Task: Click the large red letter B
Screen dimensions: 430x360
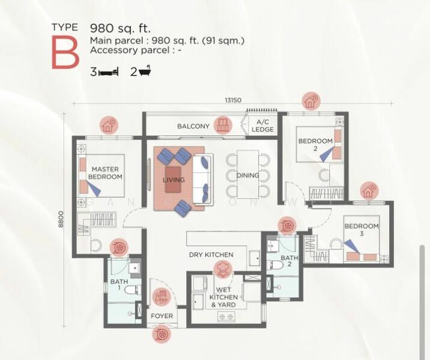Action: [x=65, y=52]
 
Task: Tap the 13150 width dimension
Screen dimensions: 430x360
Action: [x=233, y=100]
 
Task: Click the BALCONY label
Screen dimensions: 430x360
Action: [x=193, y=127]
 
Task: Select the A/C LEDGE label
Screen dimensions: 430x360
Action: [x=262, y=126]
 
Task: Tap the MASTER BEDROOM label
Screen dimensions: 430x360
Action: [x=105, y=173]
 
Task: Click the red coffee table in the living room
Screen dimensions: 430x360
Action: [x=173, y=179]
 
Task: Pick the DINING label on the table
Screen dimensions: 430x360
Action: [x=247, y=175]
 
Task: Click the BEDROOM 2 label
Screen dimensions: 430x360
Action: [x=315, y=145]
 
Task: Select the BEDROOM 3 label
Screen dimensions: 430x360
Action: [x=362, y=230]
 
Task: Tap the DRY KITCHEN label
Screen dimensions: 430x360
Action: [x=211, y=255]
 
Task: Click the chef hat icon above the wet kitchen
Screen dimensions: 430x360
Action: [x=222, y=269]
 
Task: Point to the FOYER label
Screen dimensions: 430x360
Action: [x=162, y=316]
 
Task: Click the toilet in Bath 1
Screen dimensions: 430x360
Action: [x=133, y=290]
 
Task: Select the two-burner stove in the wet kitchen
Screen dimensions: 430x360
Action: [x=226, y=316]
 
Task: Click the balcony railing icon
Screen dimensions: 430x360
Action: [x=222, y=125]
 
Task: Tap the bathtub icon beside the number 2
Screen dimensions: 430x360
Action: [x=145, y=71]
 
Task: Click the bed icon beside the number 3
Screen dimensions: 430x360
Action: [x=108, y=72]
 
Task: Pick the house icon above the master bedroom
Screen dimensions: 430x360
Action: [x=109, y=125]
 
